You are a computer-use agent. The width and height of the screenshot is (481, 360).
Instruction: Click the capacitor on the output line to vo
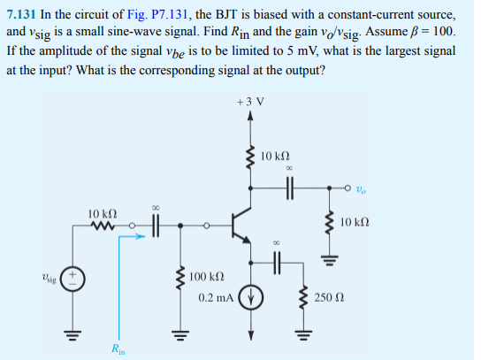tap(288, 187)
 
